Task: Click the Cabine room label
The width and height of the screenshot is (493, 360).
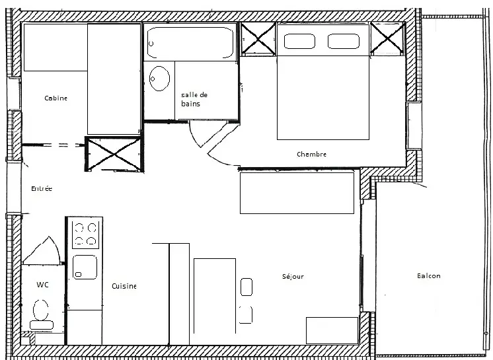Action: (56, 98)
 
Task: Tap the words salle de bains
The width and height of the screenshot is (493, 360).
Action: (194, 99)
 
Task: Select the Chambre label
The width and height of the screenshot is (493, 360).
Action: (311, 155)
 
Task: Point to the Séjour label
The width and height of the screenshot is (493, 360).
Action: (293, 276)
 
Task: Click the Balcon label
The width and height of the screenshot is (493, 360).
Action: (428, 276)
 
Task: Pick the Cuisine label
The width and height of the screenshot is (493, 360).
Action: (124, 286)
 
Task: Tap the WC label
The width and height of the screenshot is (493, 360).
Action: (42, 285)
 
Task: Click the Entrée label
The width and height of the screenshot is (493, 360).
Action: (42, 188)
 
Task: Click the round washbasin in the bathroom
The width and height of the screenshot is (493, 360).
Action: (159, 79)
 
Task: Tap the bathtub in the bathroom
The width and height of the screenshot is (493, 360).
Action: (190, 43)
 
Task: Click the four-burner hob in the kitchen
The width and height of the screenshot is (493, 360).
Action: (85, 234)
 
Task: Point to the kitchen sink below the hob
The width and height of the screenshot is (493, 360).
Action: (85, 267)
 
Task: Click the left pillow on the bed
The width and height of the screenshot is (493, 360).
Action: (299, 41)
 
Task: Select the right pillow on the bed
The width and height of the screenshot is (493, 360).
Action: (344, 41)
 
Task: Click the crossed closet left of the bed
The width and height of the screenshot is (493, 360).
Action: (258, 39)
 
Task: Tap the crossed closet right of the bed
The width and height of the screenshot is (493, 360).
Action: (387, 38)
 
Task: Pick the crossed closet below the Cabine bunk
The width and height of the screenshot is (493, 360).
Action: (114, 154)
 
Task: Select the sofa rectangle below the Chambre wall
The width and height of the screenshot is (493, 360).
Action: (297, 193)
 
